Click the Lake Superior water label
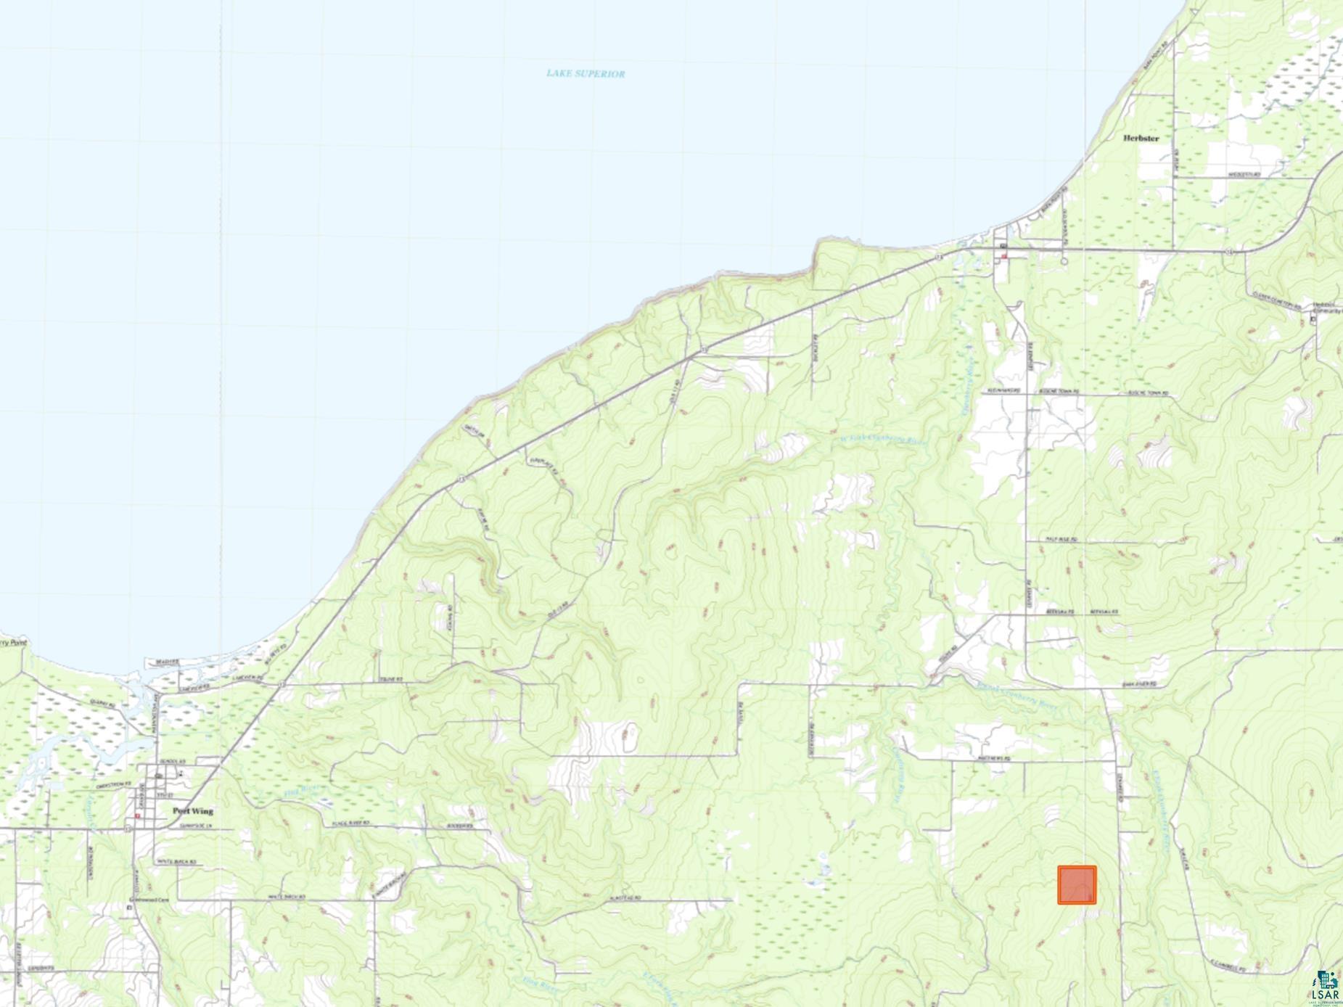click(585, 73)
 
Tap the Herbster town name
click(1141, 138)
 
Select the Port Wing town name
click(192, 811)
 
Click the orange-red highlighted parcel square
click(1076, 885)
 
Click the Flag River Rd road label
click(351, 823)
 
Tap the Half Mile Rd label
click(1061, 540)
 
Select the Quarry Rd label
click(102, 703)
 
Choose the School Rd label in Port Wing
click(172, 761)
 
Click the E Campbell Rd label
click(1228, 967)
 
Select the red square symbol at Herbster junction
click(1004, 256)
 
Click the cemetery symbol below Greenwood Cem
click(131, 907)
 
